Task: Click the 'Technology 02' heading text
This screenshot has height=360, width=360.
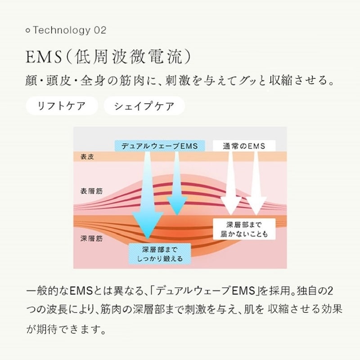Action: point(70,30)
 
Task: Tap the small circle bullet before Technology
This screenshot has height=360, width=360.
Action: point(28,30)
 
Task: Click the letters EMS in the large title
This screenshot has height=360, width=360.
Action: point(44,57)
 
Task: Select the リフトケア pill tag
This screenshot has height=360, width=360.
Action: point(62,106)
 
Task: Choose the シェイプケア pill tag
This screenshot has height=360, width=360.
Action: point(144,106)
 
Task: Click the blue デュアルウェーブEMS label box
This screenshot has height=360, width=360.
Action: point(160,146)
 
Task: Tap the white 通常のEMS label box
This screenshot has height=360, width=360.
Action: point(244,146)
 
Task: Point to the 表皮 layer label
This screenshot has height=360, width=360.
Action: point(87,157)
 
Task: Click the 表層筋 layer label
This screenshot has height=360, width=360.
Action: point(91,191)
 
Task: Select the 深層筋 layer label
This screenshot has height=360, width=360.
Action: point(91,238)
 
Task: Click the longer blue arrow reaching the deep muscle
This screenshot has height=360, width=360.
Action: point(148,195)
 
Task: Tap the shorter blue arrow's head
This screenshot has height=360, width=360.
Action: point(177,206)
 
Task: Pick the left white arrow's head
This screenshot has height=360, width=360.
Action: point(231,206)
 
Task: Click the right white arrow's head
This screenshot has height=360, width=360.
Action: point(256,206)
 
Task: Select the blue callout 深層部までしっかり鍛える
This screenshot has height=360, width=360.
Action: point(160,254)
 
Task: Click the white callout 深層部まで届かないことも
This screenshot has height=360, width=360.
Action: point(244,229)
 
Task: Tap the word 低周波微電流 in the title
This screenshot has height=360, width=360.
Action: point(129,57)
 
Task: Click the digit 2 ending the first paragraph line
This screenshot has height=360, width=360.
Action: point(330,291)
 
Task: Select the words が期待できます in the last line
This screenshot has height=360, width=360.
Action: point(66,329)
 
